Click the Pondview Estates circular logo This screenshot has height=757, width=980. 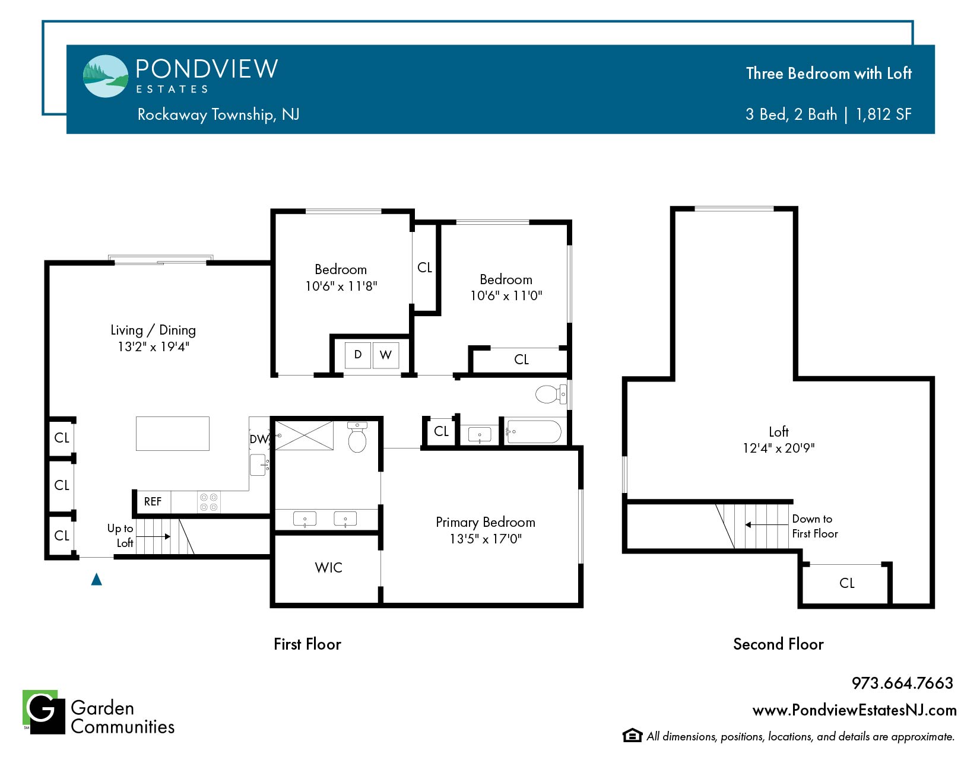tap(106, 76)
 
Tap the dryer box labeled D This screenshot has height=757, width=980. tap(358, 355)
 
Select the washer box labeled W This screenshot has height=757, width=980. tap(386, 355)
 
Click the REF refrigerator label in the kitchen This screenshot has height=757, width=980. tap(153, 501)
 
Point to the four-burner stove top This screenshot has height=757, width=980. tap(209, 502)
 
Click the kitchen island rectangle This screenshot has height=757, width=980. tap(173, 434)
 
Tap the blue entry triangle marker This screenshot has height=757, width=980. tap(97, 579)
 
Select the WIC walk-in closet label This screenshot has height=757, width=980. tap(328, 568)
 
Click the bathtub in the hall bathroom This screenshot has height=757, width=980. tap(534, 432)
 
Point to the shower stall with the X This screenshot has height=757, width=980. tap(305, 435)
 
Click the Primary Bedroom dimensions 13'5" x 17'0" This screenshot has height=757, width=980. tap(486, 539)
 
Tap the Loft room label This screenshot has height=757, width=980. tap(778, 432)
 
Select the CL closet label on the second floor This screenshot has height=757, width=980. tap(846, 583)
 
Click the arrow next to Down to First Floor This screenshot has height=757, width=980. tap(767, 524)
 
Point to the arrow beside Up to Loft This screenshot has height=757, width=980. tap(153, 536)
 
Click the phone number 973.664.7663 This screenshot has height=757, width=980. tap(902, 683)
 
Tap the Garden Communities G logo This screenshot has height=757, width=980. tap(44, 712)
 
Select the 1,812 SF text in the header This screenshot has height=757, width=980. tap(883, 114)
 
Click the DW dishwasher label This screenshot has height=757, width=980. tap(259, 439)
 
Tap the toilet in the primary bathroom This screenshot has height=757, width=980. tap(357, 437)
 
